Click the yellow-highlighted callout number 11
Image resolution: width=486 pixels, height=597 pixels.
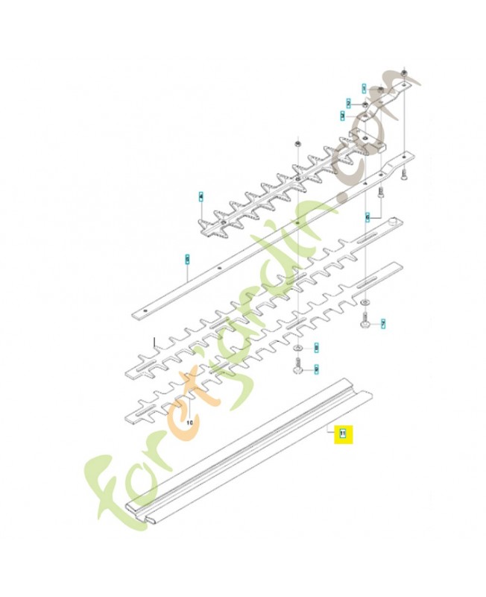343,433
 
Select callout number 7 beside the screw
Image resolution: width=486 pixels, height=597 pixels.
383,324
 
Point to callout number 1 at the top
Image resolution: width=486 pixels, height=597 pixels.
364,88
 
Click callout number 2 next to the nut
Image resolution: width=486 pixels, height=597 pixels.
348,102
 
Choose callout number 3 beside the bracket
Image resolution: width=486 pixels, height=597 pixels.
342,116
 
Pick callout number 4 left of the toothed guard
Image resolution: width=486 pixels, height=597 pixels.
201,197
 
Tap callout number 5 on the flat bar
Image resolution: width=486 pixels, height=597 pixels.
188,259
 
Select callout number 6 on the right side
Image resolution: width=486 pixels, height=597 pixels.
367,216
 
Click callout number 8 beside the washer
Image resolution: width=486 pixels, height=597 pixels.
317,348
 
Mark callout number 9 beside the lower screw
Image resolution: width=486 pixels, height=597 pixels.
316,368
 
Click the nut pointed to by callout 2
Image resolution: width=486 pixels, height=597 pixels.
364,103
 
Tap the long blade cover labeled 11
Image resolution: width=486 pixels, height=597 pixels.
246,455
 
